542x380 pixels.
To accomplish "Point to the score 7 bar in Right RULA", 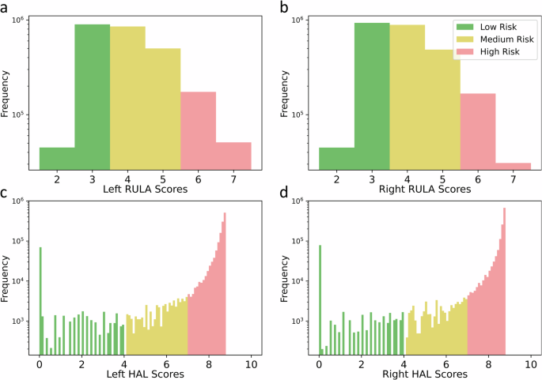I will click(513, 166).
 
